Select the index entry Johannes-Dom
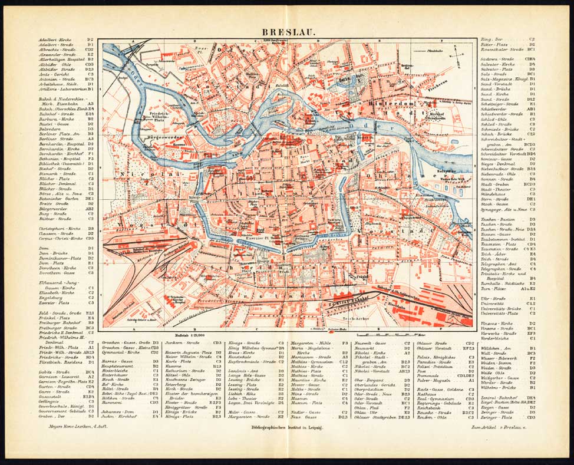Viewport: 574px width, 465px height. pos(118,411)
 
